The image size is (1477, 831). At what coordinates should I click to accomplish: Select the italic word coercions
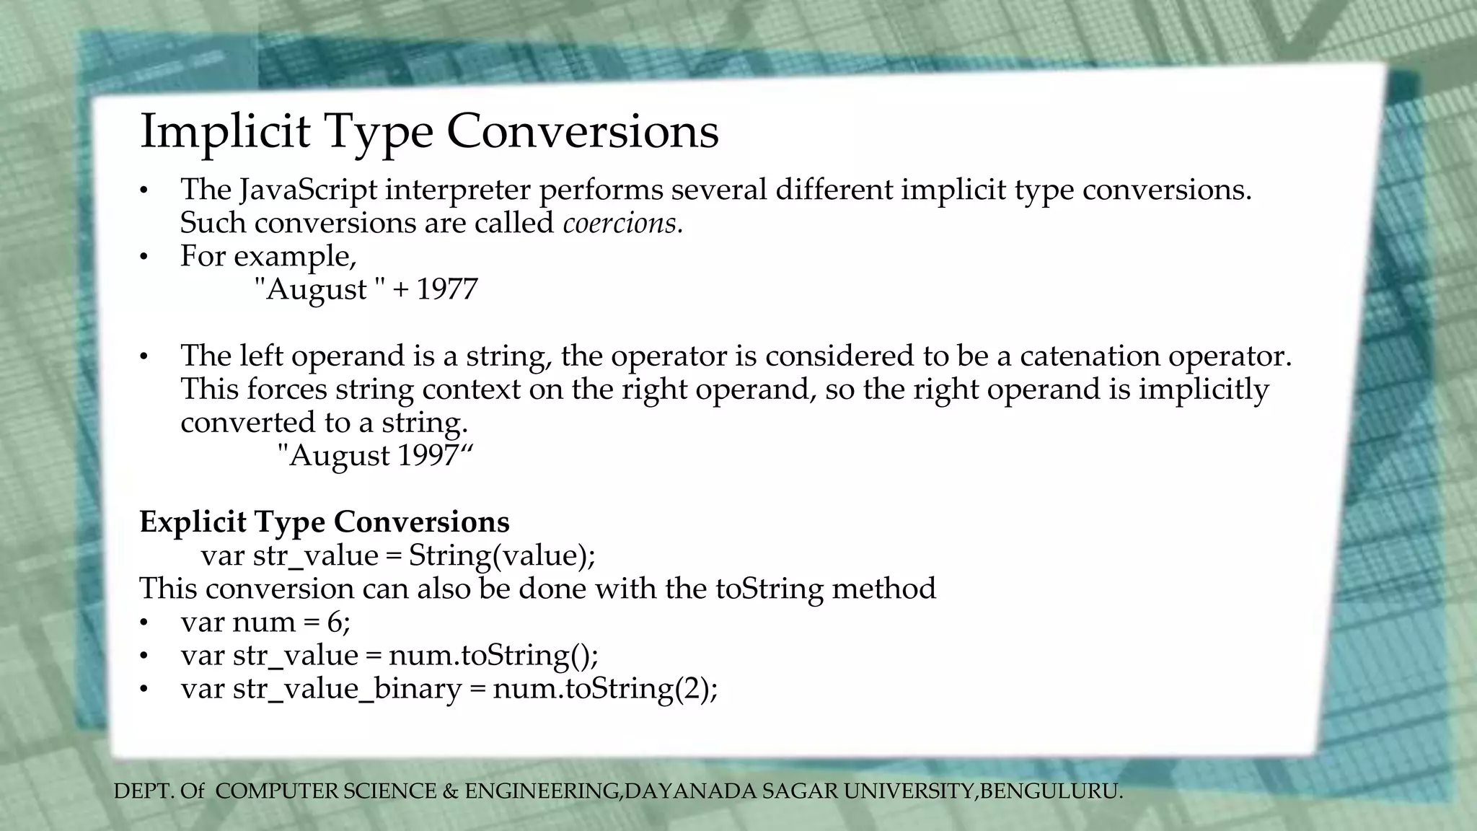coord(622,223)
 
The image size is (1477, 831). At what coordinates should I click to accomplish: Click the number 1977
coord(446,289)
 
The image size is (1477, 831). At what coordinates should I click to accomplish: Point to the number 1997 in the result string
coord(428,455)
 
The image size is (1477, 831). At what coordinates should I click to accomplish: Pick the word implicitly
coord(1203,389)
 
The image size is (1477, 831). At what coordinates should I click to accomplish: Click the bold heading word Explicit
coord(193,522)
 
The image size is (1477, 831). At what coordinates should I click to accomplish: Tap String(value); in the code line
coord(502,555)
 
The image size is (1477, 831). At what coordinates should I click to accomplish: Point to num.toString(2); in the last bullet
coord(605,688)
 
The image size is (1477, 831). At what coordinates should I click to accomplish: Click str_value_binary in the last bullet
coord(347,688)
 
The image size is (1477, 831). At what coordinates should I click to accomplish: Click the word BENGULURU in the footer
coord(1049,791)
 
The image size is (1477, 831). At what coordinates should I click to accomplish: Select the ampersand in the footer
coord(450,791)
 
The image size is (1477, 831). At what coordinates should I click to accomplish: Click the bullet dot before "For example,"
coord(144,257)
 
